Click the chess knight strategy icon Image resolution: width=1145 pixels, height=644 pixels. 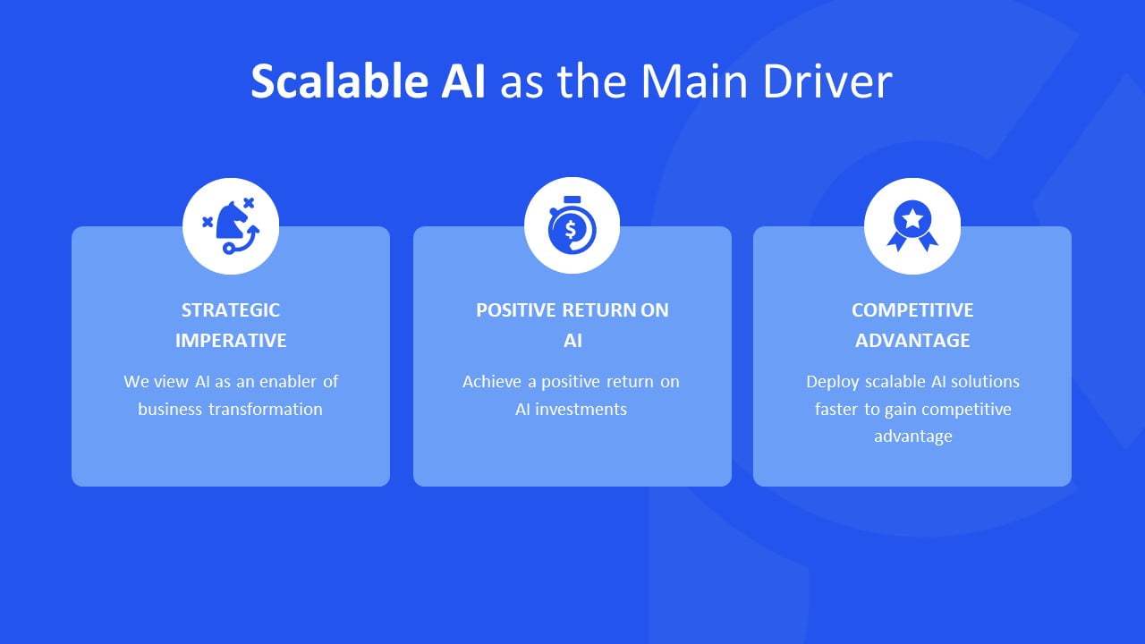point(231,226)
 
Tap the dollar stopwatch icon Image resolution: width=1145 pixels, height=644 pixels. point(572,226)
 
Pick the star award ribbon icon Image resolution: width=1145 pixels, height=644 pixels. point(912,226)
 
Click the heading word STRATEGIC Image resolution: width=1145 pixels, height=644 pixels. point(231,310)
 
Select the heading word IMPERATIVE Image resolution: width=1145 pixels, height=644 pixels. point(231,341)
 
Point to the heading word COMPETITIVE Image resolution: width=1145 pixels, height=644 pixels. point(912,310)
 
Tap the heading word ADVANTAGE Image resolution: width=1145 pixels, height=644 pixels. point(912,341)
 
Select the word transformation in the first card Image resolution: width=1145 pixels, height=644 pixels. point(266,410)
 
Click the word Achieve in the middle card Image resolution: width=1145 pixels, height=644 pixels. point(491,382)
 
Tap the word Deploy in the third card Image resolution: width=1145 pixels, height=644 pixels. point(832,382)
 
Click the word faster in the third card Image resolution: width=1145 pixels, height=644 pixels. point(835,410)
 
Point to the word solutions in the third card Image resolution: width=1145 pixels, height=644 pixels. point(985,382)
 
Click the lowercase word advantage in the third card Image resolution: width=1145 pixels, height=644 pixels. point(912,436)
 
